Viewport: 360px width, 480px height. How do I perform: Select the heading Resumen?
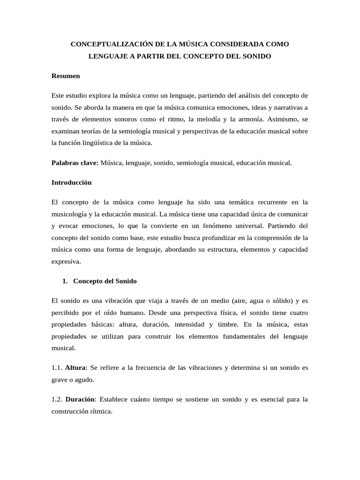click(66, 75)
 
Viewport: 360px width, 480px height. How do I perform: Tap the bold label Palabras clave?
click(75, 163)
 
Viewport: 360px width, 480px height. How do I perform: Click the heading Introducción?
click(71, 182)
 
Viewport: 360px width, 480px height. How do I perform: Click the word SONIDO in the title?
click(256, 56)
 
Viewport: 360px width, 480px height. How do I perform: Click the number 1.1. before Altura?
click(57, 367)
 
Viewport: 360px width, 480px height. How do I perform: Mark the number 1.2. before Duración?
click(57, 399)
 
